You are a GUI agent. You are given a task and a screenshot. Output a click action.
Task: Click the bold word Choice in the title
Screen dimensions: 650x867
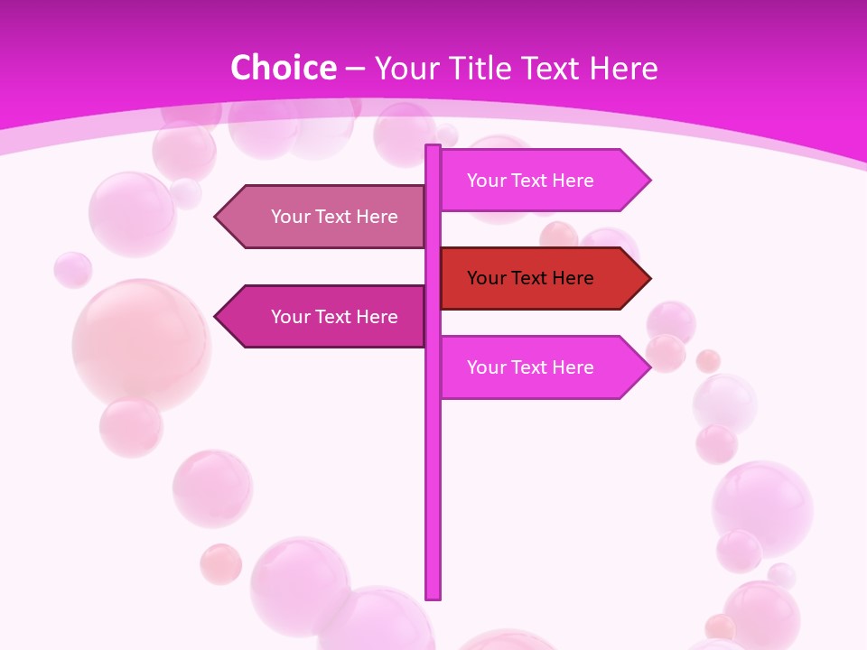click(283, 69)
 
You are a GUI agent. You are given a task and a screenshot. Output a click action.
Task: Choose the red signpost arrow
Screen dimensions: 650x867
click(542, 278)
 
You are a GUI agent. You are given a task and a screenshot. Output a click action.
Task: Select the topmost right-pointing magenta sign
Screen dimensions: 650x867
click(542, 181)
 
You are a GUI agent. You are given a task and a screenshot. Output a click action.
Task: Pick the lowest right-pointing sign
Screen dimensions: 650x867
click(542, 367)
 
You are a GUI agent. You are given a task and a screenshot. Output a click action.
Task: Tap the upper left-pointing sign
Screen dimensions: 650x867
click(325, 217)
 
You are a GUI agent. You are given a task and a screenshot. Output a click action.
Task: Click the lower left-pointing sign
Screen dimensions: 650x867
click(325, 317)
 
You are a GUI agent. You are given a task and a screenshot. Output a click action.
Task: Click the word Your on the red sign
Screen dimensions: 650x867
click(487, 278)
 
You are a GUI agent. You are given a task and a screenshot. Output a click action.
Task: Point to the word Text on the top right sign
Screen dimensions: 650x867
click(530, 181)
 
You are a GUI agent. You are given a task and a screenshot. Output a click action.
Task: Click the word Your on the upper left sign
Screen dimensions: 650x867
click(291, 217)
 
